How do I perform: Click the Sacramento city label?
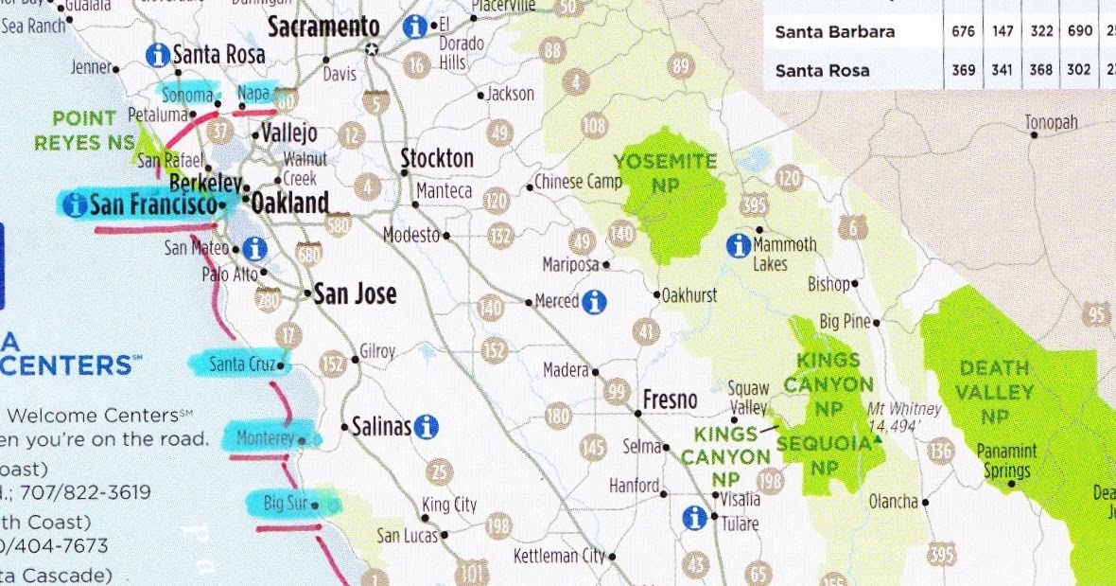tap(323, 27)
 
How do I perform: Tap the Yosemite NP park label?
tap(665, 170)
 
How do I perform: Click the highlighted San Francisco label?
tap(149, 204)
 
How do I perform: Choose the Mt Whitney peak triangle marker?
tap(879, 440)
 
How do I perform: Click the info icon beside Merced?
tap(594, 301)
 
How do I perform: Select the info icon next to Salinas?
tap(427, 427)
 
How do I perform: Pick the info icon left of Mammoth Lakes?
tap(739, 245)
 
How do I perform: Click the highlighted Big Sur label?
tap(287, 503)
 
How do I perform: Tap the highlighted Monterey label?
tap(266, 439)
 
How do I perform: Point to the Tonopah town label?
tap(1051, 123)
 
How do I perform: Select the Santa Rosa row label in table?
tap(822, 70)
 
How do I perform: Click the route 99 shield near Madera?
tap(618, 390)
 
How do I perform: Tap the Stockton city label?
tap(437, 157)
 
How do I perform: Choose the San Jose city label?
tap(355, 293)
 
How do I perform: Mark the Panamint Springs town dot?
tap(1012, 484)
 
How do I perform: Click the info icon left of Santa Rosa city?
tap(158, 55)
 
